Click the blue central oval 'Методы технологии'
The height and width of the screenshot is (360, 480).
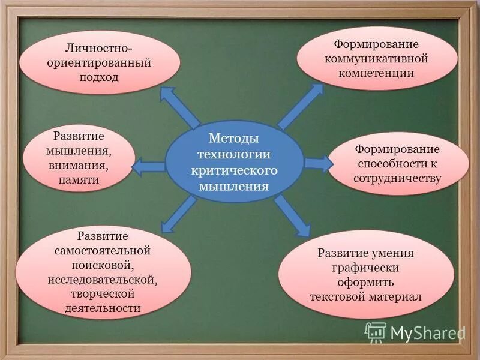coord(234,162)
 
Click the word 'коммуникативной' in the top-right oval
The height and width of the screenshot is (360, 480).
coord(376,59)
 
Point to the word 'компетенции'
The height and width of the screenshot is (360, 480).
coord(376,73)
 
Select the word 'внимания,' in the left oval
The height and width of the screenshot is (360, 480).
coord(79,164)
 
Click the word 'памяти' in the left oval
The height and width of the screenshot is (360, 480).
coord(79,179)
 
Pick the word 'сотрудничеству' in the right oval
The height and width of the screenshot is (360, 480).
coord(397,178)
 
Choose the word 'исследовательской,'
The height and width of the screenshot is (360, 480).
coord(103,280)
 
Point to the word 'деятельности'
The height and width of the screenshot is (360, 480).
coord(103,308)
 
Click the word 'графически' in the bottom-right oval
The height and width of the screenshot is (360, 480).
coord(366,268)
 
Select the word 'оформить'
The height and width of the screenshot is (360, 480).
coord(366,282)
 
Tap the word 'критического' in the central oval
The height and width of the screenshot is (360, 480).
coord(234,170)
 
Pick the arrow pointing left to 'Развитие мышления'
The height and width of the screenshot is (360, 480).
coord(147,167)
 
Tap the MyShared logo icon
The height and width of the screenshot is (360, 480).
coord(376,332)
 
